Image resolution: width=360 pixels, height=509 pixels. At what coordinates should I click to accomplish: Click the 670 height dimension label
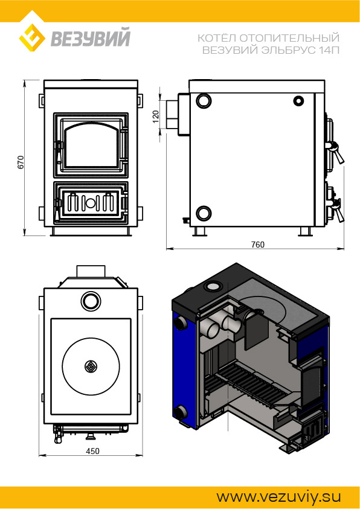(21, 162)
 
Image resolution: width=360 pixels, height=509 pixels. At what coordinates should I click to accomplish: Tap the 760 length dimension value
(258, 245)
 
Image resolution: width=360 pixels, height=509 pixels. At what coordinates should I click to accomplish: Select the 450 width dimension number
(92, 451)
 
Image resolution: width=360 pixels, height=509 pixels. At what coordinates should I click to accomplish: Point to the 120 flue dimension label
(155, 117)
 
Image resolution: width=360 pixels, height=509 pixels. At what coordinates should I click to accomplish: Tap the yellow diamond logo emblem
(32, 36)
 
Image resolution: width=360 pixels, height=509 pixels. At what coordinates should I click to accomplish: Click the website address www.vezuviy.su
(278, 497)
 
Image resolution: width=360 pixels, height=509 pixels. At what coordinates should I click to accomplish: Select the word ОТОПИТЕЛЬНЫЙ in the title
(289, 38)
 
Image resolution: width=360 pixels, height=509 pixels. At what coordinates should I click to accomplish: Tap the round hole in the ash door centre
(91, 203)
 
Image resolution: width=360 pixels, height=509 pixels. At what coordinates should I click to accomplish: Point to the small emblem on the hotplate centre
(91, 367)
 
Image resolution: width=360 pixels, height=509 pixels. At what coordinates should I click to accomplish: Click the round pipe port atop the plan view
(91, 301)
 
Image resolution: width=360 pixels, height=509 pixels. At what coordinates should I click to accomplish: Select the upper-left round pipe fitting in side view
(204, 101)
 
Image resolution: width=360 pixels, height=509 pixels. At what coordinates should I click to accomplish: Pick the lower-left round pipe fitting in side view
(204, 213)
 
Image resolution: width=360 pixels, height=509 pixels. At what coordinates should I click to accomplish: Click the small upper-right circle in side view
(298, 101)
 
